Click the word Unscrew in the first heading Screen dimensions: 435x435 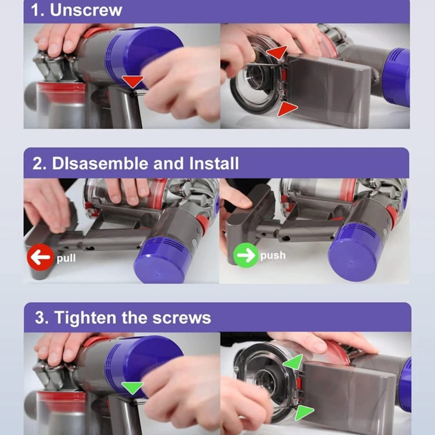point(86,10)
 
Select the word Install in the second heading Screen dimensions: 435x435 point(214,163)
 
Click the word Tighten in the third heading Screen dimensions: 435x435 point(85,318)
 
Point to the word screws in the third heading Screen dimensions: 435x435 point(182,318)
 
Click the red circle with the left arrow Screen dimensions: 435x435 point(40,257)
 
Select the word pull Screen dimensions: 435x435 point(66,258)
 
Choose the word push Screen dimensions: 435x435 point(273,255)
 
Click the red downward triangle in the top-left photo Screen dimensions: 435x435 point(133,81)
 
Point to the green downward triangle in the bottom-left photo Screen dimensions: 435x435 point(133,387)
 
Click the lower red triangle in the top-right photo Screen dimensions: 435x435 point(287,109)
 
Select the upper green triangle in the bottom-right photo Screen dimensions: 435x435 point(294,362)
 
